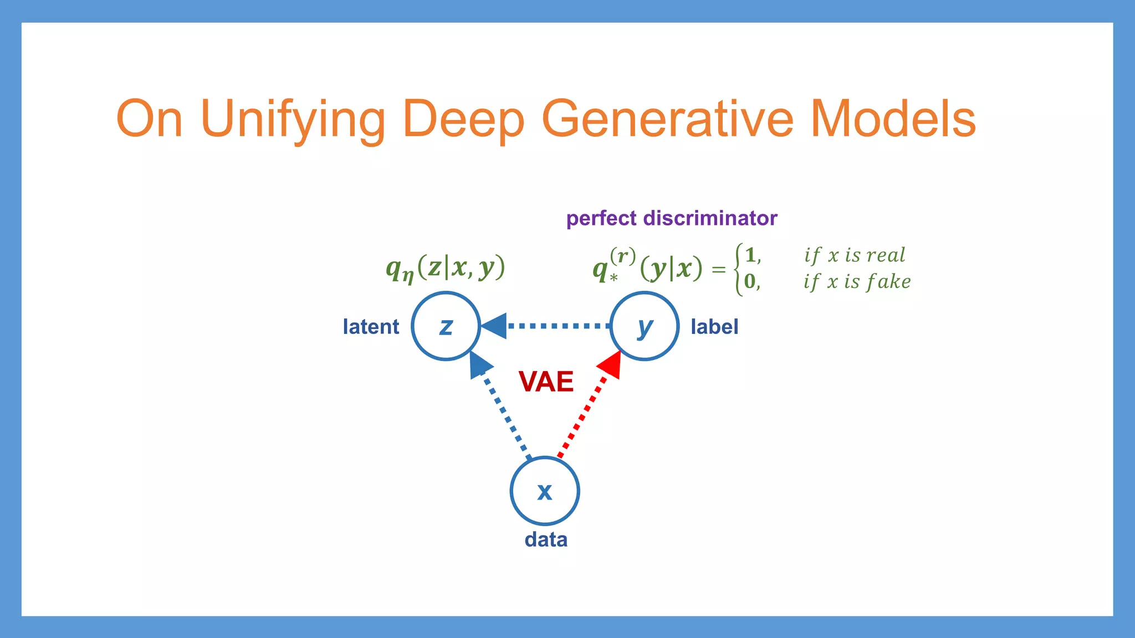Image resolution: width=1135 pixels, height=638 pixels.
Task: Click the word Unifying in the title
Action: (293, 119)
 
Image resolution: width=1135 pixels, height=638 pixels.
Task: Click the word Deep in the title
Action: (463, 119)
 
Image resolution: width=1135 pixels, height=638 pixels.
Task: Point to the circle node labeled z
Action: (446, 326)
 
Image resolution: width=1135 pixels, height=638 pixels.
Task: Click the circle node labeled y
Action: (644, 326)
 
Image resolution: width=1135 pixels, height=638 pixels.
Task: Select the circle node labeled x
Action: (545, 491)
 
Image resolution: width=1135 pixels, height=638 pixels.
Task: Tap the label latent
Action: (371, 327)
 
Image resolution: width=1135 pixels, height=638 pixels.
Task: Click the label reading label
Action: (714, 327)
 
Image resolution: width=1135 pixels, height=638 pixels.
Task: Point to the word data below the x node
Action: (546, 539)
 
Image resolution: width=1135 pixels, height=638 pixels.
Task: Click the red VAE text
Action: (546, 382)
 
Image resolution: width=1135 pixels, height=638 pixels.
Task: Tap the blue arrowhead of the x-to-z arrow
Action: (479, 364)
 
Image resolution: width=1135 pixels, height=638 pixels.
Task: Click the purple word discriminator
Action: (710, 218)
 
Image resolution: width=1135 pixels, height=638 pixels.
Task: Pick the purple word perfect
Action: (601, 218)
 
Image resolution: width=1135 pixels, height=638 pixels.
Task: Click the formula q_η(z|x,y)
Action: (446, 268)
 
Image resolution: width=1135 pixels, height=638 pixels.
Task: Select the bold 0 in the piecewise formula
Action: (749, 281)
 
